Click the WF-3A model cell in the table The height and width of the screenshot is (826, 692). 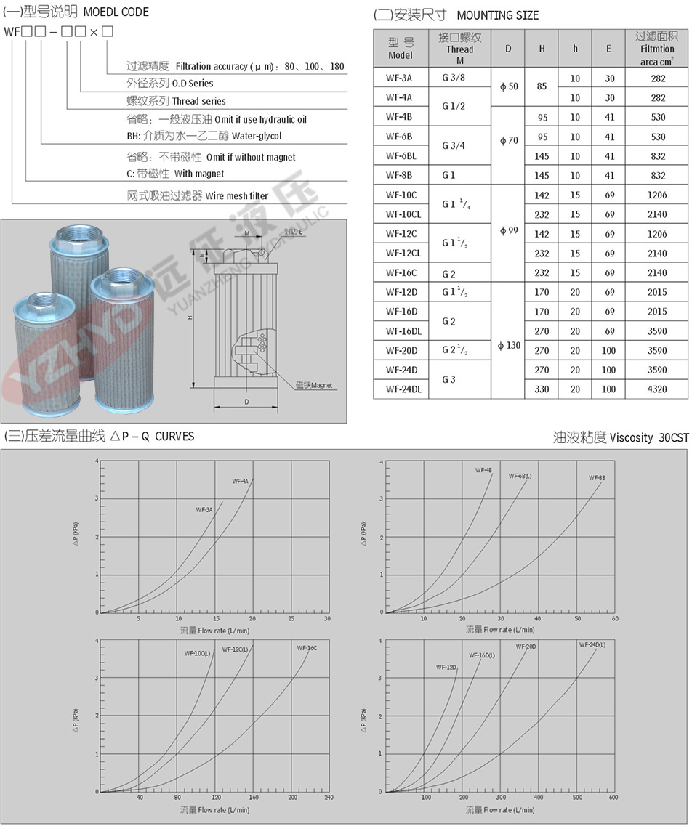[x=400, y=78]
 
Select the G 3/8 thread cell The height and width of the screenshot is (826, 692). [x=459, y=78]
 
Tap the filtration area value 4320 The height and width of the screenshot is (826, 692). [x=657, y=389]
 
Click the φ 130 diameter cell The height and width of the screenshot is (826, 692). [x=508, y=345]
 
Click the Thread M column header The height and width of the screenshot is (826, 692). [x=459, y=49]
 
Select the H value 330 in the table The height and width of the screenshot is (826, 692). [x=542, y=389]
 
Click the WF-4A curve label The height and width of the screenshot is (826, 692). [x=240, y=481]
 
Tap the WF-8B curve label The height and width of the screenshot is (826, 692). [x=597, y=478]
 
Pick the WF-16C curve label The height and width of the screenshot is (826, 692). [x=307, y=647]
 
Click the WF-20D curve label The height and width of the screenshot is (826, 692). [x=526, y=647]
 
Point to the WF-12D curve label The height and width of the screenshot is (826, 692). [x=446, y=667]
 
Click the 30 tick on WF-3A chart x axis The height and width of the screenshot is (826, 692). [x=327, y=618]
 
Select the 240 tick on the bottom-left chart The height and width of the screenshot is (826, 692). [x=329, y=797]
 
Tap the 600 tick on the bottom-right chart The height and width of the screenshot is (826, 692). [x=613, y=797]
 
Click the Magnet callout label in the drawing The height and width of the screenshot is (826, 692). [x=314, y=385]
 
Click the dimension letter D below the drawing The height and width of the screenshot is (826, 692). [x=246, y=400]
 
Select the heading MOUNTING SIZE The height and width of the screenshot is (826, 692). [x=498, y=15]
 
